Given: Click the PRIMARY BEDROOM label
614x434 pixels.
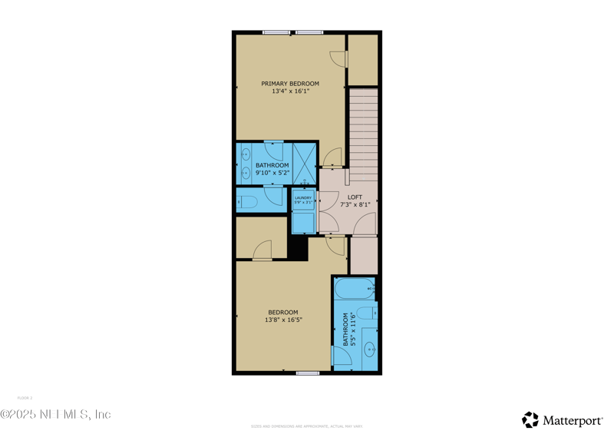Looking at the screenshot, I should tap(290, 84).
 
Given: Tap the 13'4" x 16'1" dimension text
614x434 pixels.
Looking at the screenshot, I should tap(290, 91).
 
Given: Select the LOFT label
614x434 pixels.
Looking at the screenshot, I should tap(355, 197).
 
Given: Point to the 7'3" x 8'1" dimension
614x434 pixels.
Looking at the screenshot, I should tap(355, 204).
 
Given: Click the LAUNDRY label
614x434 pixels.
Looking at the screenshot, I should tap(303, 198).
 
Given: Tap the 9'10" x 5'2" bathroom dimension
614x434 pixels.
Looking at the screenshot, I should tap(272, 173).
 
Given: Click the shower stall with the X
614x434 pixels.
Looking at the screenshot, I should tap(304, 163).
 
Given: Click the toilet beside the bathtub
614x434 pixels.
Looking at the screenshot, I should tap(366, 313).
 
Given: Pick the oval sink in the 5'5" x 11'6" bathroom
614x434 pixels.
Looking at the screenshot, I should tap(369, 350).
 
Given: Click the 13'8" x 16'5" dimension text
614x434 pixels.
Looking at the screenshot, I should tap(283, 320).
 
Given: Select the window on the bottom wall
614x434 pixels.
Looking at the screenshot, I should tap(308, 373).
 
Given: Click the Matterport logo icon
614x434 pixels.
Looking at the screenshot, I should tap(530, 419).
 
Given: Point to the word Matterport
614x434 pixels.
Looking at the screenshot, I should tap(573, 420).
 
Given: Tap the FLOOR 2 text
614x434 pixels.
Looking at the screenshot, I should tap(25, 398).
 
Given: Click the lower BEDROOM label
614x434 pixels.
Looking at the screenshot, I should tap(283, 312).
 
